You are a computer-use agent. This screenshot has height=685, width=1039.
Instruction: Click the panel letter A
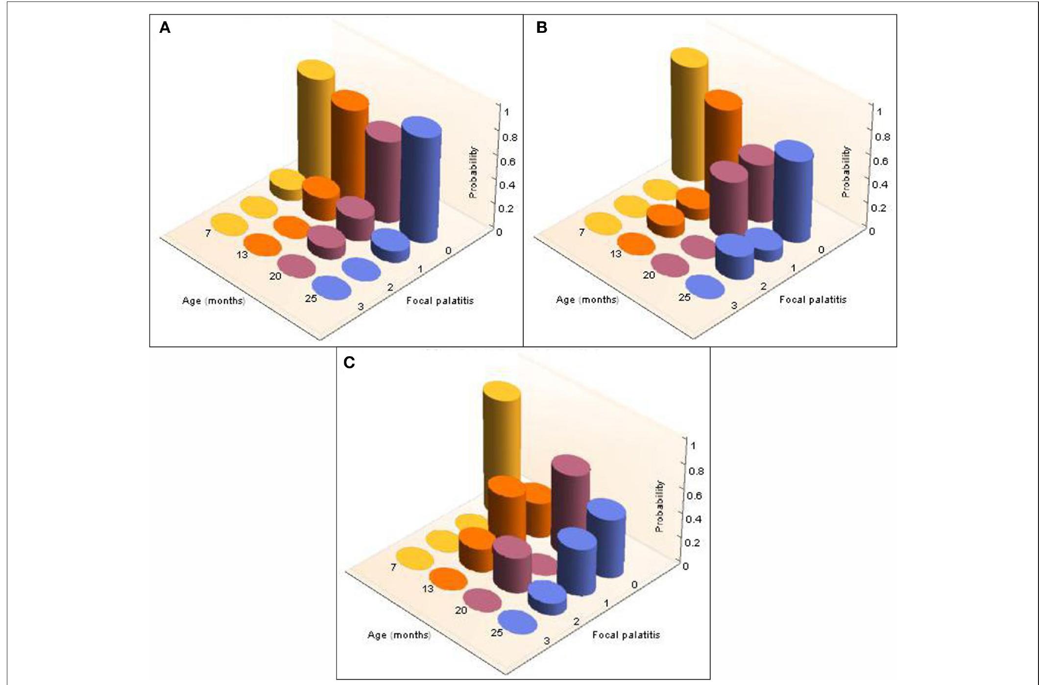click(x=165, y=28)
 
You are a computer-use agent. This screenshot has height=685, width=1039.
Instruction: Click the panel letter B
click(x=541, y=27)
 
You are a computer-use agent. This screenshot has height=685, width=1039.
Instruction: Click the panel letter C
click(x=349, y=363)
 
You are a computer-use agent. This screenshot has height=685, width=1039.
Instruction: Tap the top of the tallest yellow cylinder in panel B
click(x=689, y=57)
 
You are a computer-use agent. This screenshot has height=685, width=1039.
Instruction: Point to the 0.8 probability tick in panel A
click(x=509, y=137)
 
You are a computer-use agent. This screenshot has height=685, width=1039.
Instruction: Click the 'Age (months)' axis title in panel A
click(x=214, y=300)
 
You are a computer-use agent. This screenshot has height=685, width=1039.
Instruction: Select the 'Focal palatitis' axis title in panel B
click(x=813, y=299)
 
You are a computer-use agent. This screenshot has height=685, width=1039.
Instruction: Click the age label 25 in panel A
click(x=311, y=298)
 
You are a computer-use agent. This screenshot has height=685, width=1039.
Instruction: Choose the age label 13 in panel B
click(x=615, y=254)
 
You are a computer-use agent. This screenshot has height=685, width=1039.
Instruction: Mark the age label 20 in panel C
click(x=460, y=611)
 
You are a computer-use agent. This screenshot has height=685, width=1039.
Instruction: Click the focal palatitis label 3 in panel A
click(x=361, y=307)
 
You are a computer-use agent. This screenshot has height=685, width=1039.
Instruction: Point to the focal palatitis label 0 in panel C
click(x=634, y=585)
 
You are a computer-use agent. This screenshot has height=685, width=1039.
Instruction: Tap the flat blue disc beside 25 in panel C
click(x=517, y=622)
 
